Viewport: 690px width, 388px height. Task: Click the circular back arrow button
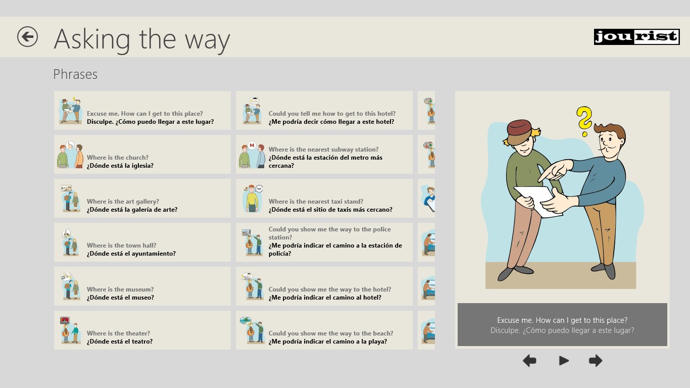27,37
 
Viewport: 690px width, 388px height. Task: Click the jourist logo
637,37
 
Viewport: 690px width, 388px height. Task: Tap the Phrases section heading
75,74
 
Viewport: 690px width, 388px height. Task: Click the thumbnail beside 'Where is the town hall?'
70,242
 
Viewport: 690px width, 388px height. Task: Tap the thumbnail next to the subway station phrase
252,155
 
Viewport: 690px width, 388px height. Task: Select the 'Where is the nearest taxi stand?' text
316,202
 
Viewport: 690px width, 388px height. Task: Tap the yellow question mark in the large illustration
584,121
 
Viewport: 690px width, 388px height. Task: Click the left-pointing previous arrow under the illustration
530,361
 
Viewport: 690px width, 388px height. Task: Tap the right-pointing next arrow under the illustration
595,361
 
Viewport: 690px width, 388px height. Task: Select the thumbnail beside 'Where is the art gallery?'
70,199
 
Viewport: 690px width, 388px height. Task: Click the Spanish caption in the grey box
562,331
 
